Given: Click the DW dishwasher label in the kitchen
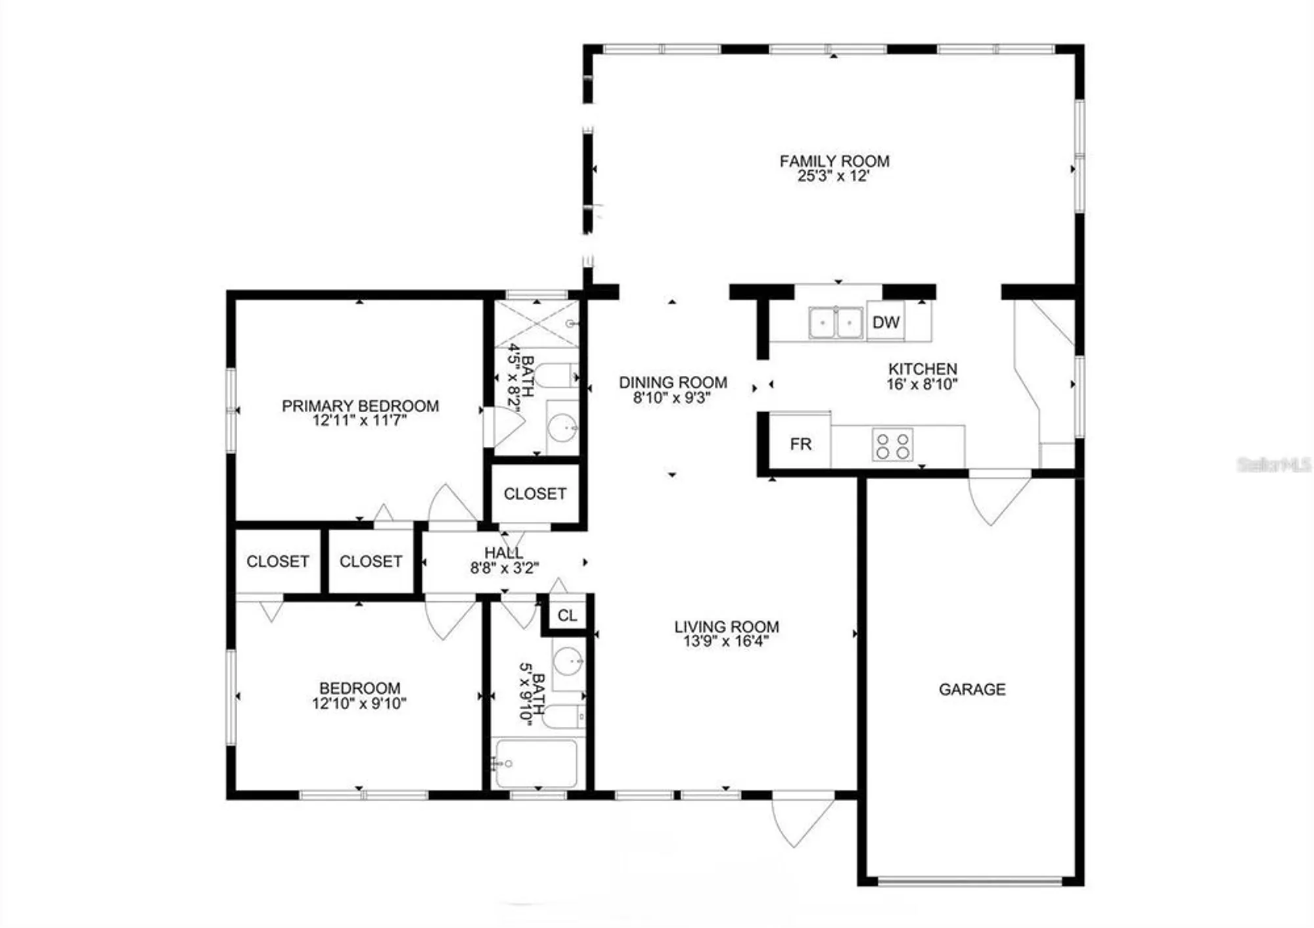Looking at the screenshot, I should (886, 322).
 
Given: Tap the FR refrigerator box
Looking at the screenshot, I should (800, 444).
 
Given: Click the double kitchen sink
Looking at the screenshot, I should (836, 323).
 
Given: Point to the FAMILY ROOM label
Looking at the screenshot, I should (834, 161).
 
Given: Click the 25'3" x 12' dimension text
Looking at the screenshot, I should (834, 176).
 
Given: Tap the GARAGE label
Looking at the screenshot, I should (972, 689).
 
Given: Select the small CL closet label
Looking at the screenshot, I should (567, 616).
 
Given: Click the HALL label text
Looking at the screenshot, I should (504, 553).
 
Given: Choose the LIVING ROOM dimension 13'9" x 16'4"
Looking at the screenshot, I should (726, 641).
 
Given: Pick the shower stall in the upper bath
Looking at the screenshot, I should (537, 323).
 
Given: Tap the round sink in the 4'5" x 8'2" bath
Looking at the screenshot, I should (562, 429).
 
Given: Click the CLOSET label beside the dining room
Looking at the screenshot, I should (535, 494).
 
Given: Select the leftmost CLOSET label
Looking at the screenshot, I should (277, 561).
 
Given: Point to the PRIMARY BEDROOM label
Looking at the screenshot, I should (360, 406).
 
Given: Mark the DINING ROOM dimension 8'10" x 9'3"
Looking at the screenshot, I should (672, 398).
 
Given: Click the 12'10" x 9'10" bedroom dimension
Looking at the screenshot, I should (359, 704).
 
